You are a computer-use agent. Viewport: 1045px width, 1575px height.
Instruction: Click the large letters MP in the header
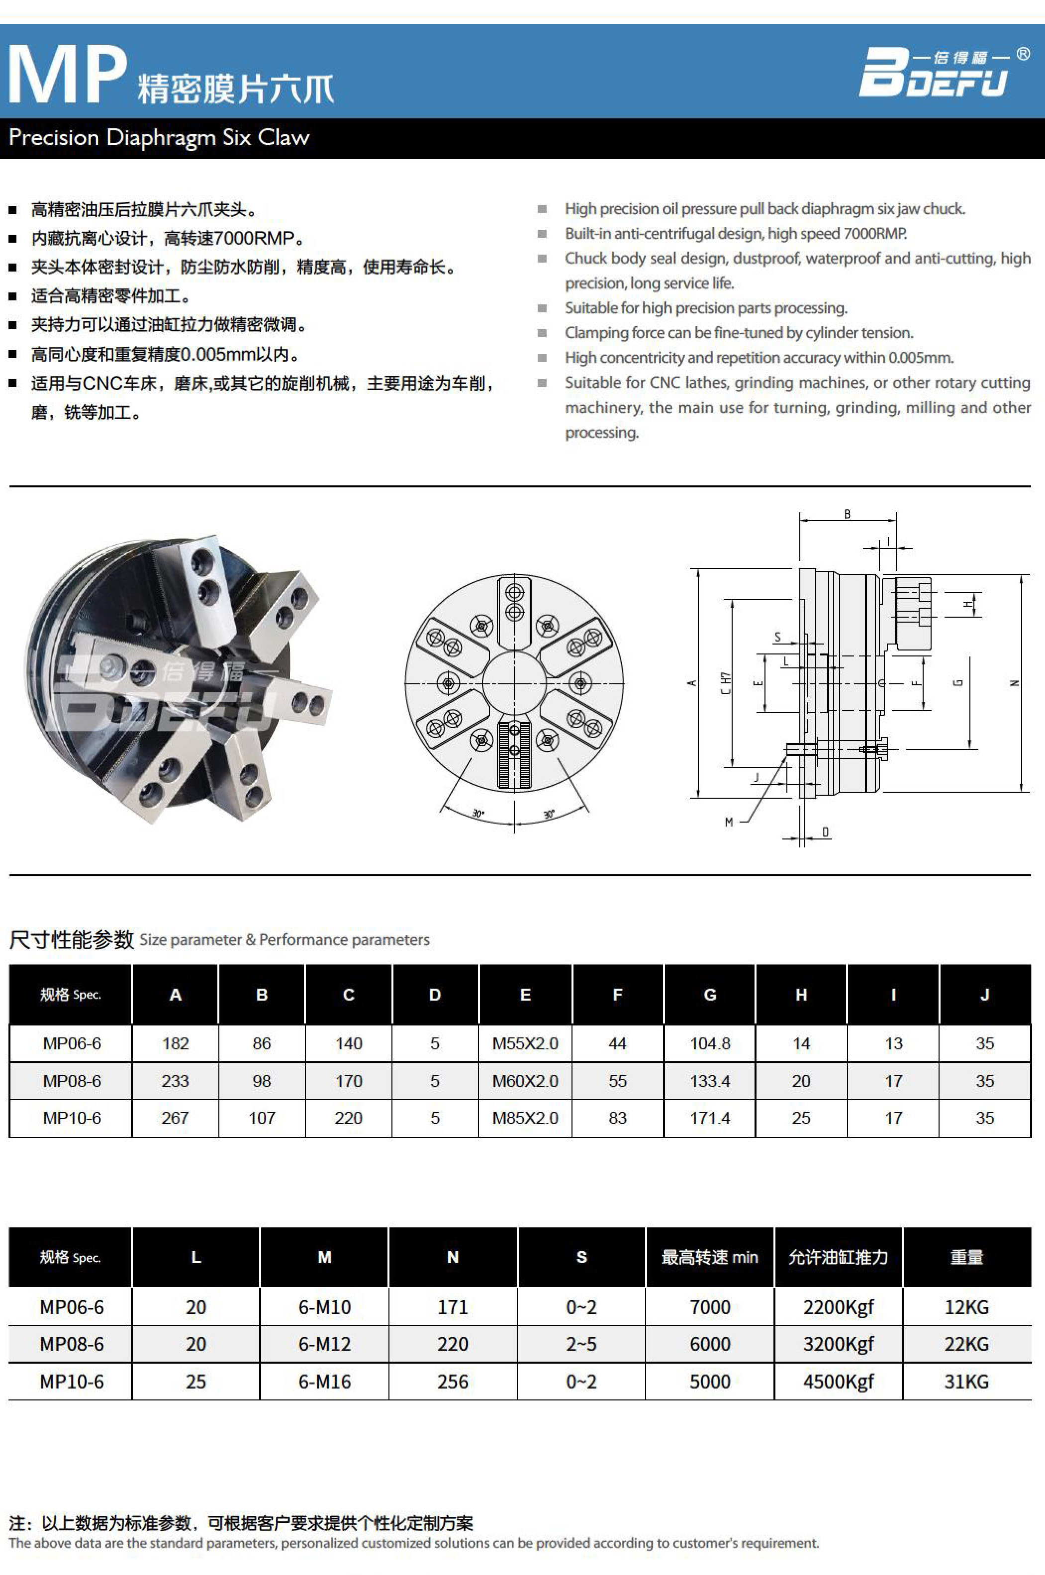[67, 75]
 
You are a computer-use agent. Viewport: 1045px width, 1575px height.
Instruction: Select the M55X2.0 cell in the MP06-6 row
[525, 1043]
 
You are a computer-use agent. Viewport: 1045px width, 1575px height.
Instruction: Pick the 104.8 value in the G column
[709, 1043]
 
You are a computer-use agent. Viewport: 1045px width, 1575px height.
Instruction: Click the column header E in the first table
[525, 995]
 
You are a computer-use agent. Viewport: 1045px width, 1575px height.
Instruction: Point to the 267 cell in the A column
[175, 1118]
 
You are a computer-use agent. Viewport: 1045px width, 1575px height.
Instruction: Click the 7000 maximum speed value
[709, 1306]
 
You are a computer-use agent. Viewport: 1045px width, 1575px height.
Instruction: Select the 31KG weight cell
[966, 1381]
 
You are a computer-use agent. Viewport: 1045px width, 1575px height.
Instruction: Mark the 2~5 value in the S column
[581, 1344]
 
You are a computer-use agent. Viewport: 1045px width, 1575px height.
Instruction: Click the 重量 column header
[966, 1257]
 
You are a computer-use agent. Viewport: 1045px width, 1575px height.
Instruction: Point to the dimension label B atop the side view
[847, 514]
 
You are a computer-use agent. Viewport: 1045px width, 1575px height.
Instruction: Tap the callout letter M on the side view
[729, 822]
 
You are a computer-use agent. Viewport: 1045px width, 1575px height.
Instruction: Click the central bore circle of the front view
[514, 683]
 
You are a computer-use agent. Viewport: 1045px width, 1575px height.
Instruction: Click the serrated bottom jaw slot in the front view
[514, 754]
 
